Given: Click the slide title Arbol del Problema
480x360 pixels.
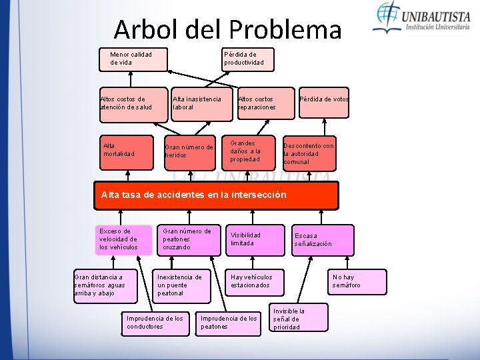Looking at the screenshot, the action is (227, 29).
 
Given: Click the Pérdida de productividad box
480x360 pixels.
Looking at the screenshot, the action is (248, 59).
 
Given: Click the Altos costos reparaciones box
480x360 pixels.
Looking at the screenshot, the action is (265, 104).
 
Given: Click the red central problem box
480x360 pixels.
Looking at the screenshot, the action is (216, 195).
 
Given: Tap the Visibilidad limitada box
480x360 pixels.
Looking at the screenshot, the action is (255, 240).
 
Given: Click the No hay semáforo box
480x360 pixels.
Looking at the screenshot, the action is (357, 281).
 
